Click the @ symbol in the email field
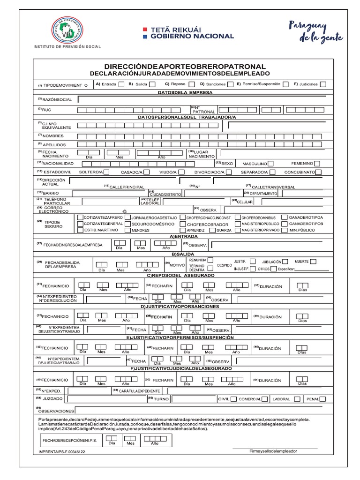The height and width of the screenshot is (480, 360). pos(125,211)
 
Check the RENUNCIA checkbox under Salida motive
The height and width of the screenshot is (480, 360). pos(211,260)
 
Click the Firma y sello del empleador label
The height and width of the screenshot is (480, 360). pos(273,451)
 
